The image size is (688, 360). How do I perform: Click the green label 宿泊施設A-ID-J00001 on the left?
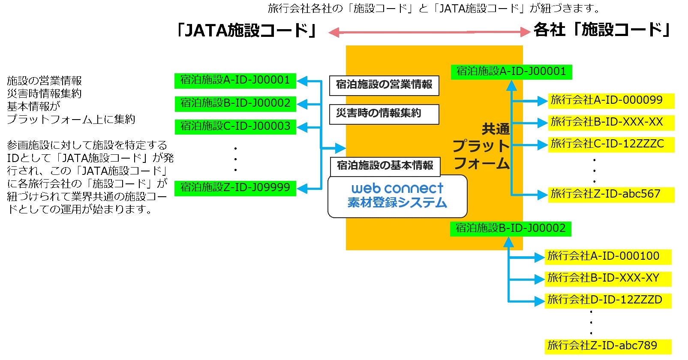tap(235, 81)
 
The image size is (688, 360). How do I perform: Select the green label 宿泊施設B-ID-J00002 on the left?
tap(235, 104)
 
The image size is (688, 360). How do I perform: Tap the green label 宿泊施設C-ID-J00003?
tap(235, 127)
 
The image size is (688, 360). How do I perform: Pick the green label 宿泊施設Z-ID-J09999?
tap(235, 188)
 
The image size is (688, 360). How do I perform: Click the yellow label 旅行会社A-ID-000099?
tap(610, 101)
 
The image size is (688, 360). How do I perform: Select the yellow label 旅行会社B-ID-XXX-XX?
tap(610, 123)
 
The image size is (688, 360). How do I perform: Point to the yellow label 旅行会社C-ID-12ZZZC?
tap(610, 144)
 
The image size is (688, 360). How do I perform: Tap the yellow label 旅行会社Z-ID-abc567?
tap(610, 195)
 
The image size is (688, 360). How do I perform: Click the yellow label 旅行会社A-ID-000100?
tap(607, 257)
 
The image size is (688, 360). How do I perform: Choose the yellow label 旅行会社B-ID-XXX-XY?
tap(607, 279)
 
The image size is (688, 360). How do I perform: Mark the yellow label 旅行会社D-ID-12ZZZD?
tap(607, 300)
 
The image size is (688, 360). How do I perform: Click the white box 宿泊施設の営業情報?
tap(384, 85)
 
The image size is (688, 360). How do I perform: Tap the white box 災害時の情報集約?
tap(384, 114)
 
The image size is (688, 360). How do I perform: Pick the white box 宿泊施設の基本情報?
tap(385, 166)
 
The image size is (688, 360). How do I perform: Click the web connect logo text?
tap(397, 188)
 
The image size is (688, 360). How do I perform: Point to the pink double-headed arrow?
tap(429, 32)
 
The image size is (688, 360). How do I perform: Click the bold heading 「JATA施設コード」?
tap(246, 30)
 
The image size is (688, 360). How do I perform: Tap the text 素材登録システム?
tap(397, 203)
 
